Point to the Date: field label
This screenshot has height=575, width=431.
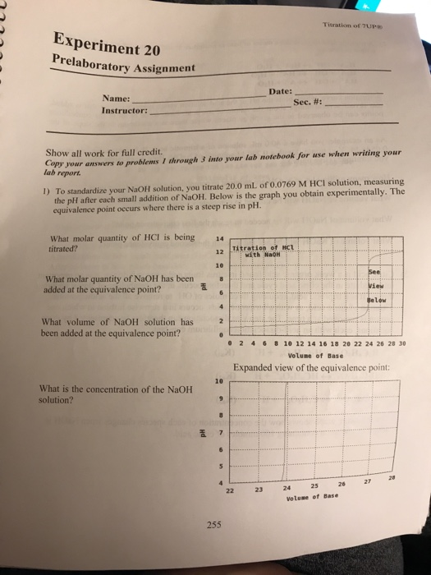coord(280,93)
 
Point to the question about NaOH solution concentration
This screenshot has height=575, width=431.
coord(90,394)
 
